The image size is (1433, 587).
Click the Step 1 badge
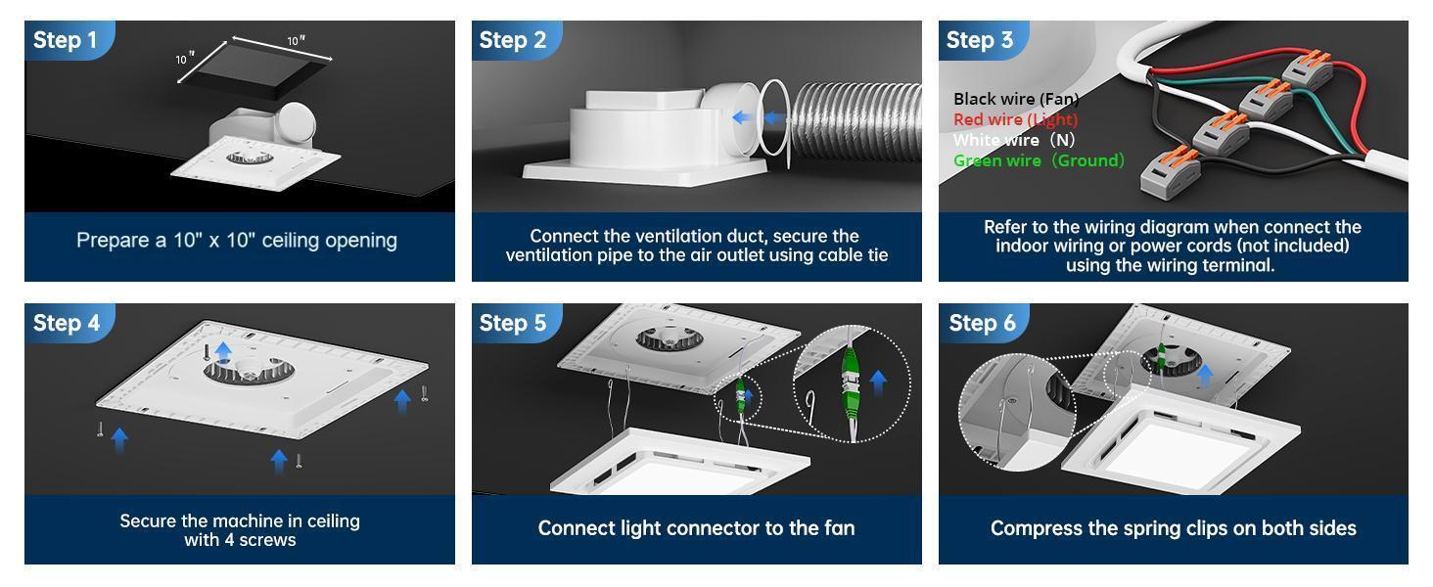click(66, 40)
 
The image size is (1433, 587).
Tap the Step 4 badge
click(66, 323)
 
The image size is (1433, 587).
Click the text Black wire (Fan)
click(1015, 99)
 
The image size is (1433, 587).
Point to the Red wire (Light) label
click(1014, 119)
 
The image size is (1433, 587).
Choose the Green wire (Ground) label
click(1038, 160)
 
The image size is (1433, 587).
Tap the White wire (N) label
click(1013, 140)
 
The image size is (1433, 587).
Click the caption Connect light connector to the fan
click(696, 528)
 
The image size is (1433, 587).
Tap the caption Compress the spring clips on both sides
click(1173, 528)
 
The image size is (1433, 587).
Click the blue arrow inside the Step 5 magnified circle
click(877, 382)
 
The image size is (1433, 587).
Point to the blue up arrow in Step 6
click(1205, 373)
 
